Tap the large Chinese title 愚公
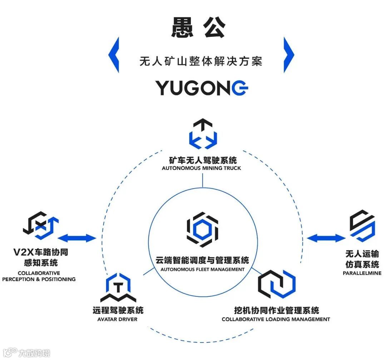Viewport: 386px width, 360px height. [x=198, y=27]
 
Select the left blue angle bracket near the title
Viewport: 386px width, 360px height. [x=114, y=55]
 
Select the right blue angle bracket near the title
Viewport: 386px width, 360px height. [x=288, y=55]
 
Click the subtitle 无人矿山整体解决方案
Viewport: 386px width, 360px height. [x=201, y=61]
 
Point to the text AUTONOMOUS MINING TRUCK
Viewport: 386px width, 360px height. [x=202, y=168]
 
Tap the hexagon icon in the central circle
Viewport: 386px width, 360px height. [x=202, y=229]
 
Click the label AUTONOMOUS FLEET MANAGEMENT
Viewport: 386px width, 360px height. [x=202, y=269]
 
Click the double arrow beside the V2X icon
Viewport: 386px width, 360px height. [x=77, y=238]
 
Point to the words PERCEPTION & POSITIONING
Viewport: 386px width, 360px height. [x=39, y=279]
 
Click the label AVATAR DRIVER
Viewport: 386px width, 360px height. [x=117, y=319]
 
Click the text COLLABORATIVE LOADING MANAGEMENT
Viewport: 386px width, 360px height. [x=276, y=319]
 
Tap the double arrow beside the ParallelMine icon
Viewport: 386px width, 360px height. [x=325, y=238]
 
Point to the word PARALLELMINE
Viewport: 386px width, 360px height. [x=362, y=273]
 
